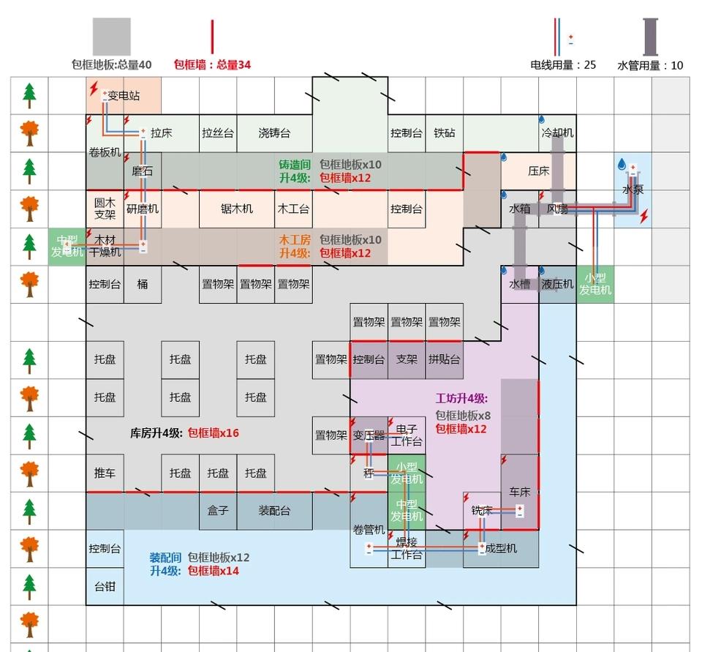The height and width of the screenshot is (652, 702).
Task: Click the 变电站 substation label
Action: click(124, 96)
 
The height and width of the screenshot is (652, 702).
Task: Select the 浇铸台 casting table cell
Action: click(274, 133)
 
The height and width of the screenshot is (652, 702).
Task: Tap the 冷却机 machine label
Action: click(557, 133)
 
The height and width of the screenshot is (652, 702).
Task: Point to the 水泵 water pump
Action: click(633, 190)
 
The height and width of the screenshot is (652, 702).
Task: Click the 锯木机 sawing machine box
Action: click(237, 209)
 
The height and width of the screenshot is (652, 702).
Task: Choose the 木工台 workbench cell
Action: click(293, 209)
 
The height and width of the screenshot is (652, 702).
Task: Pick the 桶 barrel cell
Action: click(143, 284)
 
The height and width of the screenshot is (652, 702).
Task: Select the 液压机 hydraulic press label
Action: click(557, 284)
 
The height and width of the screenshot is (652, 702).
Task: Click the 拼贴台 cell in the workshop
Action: click(444, 359)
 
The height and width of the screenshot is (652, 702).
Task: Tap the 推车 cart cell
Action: click(105, 473)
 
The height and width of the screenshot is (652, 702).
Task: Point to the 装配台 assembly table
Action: click(274, 511)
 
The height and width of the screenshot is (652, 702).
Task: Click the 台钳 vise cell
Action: click(105, 586)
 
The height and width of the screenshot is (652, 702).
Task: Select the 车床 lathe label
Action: click(519, 492)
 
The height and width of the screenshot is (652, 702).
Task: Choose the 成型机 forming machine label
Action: click(501, 548)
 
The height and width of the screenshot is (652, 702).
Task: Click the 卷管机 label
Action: click(369, 530)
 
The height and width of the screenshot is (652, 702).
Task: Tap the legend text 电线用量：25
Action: click(563, 65)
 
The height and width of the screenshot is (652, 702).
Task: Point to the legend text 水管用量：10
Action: click(650, 65)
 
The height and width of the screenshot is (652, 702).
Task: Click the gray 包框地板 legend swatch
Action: click(111, 37)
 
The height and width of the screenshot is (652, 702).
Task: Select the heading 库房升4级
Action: click(156, 432)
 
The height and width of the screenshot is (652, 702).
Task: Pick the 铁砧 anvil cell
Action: click(444, 133)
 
